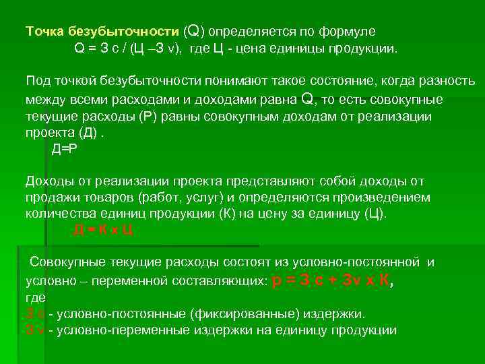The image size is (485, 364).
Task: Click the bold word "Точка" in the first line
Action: coord(42,32)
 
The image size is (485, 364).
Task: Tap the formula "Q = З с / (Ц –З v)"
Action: coord(128,49)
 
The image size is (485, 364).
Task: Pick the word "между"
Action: coord(42,100)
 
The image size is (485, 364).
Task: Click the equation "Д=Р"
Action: coord(65,149)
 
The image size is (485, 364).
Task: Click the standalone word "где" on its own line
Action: coord(35,297)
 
